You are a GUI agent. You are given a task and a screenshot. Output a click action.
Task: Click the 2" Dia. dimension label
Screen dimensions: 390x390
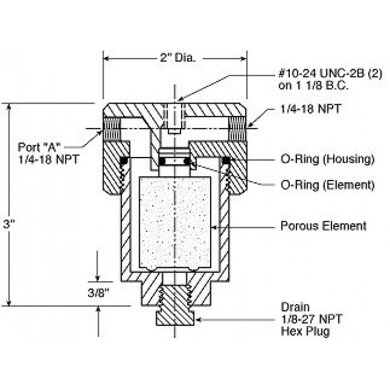(178, 58)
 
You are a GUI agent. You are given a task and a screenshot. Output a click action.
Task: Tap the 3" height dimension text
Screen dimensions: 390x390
(9, 225)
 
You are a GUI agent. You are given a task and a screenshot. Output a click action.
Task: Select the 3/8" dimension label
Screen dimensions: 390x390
(99, 292)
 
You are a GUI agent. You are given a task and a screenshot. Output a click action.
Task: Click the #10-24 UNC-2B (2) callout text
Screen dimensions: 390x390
(330, 74)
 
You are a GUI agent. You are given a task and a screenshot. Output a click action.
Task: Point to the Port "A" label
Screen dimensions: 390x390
(39, 147)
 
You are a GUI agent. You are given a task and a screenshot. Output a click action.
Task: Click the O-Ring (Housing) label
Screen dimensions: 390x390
(328, 159)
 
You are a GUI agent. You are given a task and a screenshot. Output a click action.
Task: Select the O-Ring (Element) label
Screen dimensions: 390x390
(328, 185)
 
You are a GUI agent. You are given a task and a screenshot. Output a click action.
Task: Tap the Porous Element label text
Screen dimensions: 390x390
(323, 226)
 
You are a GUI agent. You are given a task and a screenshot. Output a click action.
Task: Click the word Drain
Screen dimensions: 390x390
(295, 307)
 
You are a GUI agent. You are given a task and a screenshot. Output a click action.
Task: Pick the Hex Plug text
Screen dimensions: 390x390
(305, 331)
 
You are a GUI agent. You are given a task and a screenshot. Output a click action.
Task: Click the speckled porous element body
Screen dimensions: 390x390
(175, 223)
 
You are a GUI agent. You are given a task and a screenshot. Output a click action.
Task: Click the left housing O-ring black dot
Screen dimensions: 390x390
(124, 161)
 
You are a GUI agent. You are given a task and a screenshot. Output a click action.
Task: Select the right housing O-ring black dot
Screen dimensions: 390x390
(226, 161)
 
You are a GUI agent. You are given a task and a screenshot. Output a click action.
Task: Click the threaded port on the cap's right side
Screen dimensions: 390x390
(237, 129)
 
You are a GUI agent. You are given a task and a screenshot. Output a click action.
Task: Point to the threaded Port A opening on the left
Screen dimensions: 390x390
(112, 129)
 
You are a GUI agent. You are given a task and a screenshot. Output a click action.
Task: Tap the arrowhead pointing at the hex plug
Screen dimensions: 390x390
(198, 320)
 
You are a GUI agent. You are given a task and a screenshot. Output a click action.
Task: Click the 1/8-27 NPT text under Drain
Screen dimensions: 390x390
(311, 319)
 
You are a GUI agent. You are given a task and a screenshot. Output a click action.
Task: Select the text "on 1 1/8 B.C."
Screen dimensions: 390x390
(313, 86)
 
